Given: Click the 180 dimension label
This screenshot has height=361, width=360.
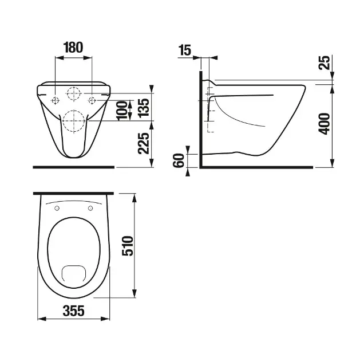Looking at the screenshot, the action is click(x=73, y=48).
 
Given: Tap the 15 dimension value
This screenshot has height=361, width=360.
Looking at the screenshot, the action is click(x=185, y=50).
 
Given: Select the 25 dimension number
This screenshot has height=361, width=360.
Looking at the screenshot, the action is click(x=324, y=62).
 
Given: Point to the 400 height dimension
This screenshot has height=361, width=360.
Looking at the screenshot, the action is click(x=324, y=124).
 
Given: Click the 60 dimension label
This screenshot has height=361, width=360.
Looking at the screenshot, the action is click(x=179, y=160).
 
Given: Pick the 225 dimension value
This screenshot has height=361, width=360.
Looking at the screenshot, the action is click(x=144, y=143).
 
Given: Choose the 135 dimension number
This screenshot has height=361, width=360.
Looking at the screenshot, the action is click(x=144, y=108).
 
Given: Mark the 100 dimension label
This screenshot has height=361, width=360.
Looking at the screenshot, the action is click(x=122, y=111).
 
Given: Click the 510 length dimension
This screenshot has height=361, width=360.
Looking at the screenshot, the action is click(x=128, y=246).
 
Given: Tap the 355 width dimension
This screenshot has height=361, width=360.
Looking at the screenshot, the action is click(x=74, y=311).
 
